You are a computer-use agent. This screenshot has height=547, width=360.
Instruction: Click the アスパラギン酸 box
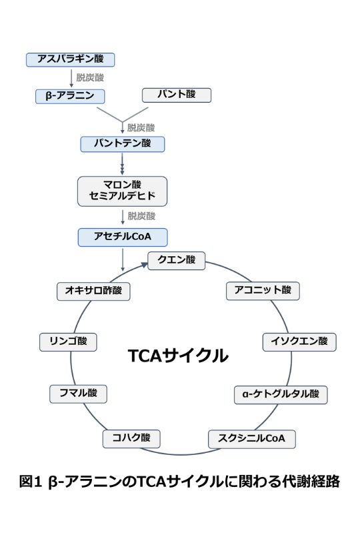point(71,59)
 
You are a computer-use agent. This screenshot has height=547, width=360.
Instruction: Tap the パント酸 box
point(176,95)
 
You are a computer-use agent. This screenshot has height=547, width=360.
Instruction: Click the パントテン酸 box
point(122,143)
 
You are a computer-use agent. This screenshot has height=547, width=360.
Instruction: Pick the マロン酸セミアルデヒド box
point(122,191)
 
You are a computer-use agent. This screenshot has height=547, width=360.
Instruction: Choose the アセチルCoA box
point(122,237)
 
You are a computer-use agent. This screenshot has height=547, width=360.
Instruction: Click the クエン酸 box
point(176,260)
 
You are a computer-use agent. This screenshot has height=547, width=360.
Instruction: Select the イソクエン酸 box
point(299,342)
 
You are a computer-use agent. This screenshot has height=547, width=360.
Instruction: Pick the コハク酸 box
point(131,439)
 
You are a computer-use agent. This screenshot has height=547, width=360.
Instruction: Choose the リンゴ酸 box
point(68,342)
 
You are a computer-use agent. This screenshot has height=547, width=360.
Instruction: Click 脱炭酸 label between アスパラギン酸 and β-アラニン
point(91,77)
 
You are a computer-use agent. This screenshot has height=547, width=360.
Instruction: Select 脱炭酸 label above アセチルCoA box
point(141,216)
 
